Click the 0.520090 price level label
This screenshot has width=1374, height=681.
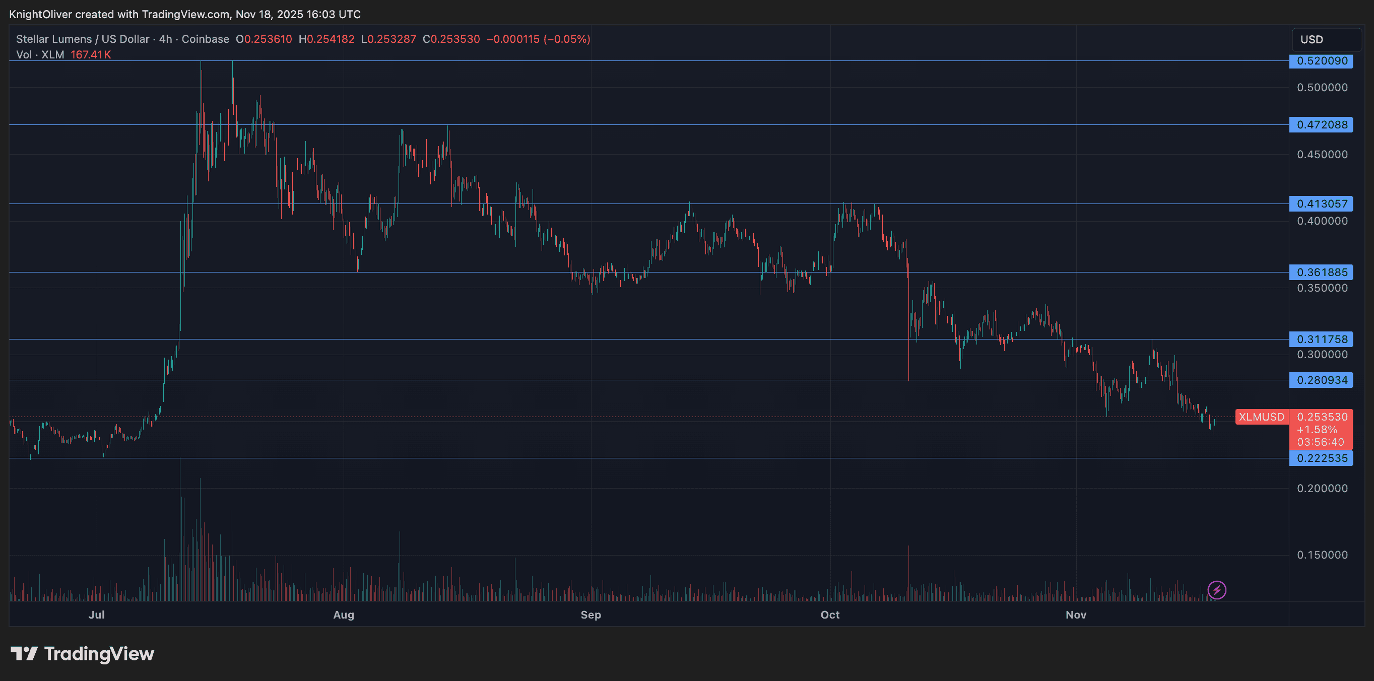point(1321,61)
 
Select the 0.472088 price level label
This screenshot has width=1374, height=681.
point(1321,125)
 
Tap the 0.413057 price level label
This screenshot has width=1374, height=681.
point(1321,203)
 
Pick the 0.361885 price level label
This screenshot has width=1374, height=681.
point(1321,273)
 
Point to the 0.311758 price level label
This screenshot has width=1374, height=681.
point(1321,339)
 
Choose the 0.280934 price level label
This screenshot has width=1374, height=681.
point(1321,380)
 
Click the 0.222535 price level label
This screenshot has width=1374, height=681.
point(1321,458)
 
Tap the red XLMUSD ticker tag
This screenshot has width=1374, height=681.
point(1262,417)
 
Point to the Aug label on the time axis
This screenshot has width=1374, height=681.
point(344,615)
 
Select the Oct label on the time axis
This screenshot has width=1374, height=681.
point(830,615)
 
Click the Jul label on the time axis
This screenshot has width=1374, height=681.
point(97,615)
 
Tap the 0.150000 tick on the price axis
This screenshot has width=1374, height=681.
point(1322,555)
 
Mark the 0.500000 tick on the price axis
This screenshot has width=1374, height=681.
point(1322,88)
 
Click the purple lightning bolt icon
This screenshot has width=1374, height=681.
point(1217,590)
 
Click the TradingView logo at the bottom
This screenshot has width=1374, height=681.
point(83,654)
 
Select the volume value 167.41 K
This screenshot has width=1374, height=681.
point(91,55)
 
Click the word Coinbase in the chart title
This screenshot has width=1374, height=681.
point(206,39)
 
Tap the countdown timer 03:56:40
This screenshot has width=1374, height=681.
point(1321,442)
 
